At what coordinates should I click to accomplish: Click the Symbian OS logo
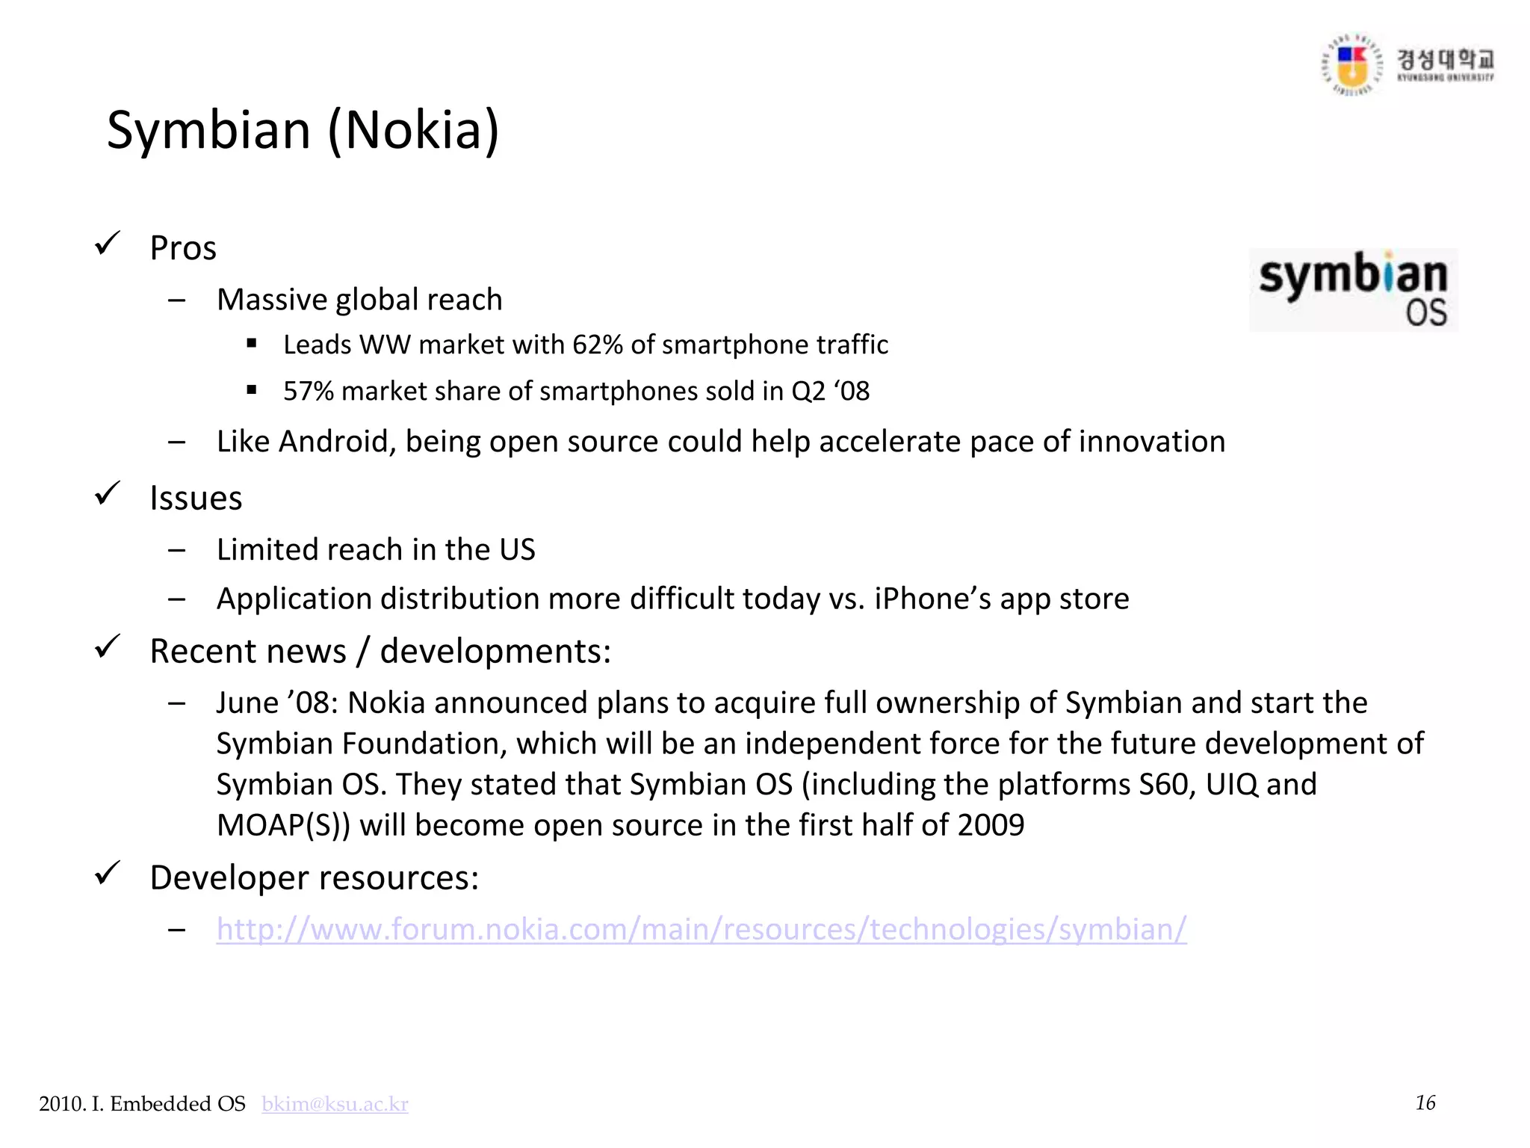(1353, 290)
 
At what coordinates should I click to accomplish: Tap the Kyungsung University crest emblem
(1351, 66)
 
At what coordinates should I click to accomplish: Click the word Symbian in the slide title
(208, 131)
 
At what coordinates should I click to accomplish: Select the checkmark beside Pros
(108, 244)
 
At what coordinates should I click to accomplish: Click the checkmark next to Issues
(108, 494)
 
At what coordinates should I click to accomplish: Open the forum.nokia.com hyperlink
(701, 929)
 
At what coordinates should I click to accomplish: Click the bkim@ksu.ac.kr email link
(335, 1104)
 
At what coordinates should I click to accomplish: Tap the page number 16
(1425, 1103)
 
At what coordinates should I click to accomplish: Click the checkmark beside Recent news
(108, 647)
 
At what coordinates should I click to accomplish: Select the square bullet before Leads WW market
(252, 345)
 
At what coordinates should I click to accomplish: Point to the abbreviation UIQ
(1221, 785)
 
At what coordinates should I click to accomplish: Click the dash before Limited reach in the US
(177, 551)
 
